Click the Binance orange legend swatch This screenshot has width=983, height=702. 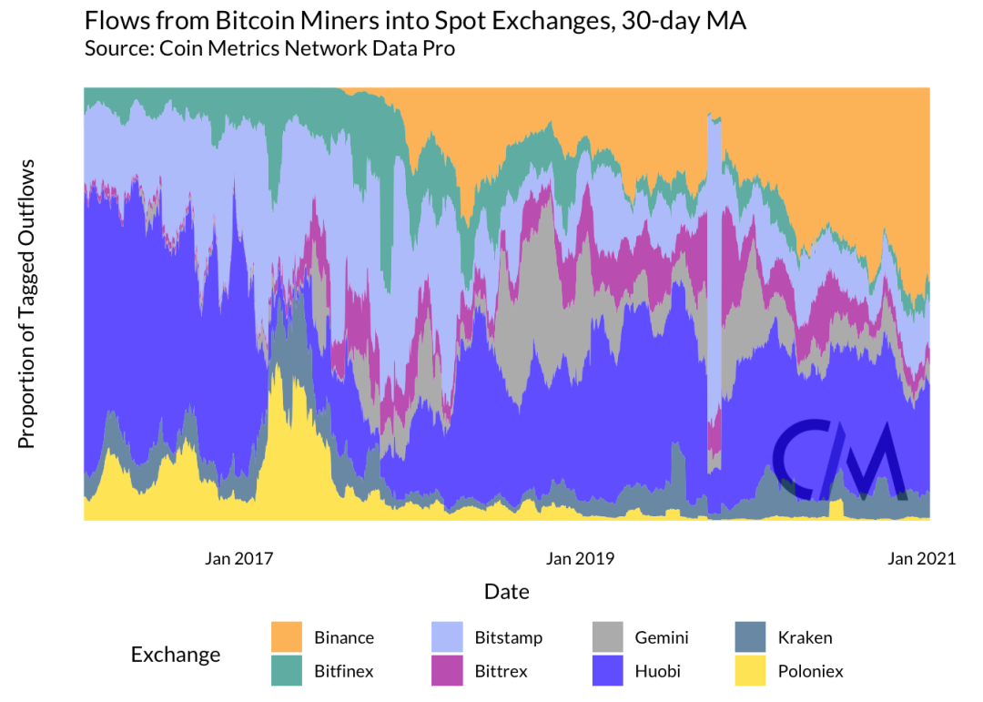pyautogui.click(x=287, y=637)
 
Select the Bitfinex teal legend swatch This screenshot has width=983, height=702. pyautogui.click(x=287, y=671)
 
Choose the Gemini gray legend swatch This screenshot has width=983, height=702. pyautogui.click(x=608, y=637)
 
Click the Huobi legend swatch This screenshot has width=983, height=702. pyautogui.click(x=608, y=671)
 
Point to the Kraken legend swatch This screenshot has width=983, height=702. pyautogui.click(x=750, y=637)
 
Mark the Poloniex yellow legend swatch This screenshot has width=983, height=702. pyautogui.click(x=750, y=671)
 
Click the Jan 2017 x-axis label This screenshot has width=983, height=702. pyautogui.click(x=239, y=558)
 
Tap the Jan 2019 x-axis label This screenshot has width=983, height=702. pyautogui.click(x=580, y=558)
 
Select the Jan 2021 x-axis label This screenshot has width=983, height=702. pyautogui.click(x=921, y=558)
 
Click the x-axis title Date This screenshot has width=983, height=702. pyautogui.click(x=506, y=592)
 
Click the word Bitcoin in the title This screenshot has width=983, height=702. pyautogui.click(x=248, y=21)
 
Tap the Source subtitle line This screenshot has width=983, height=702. pyautogui.click(x=269, y=48)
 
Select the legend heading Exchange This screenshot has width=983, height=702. pyautogui.click(x=176, y=655)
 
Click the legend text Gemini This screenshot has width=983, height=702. pyautogui.click(x=662, y=637)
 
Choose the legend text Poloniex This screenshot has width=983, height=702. pyautogui.click(x=810, y=671)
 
